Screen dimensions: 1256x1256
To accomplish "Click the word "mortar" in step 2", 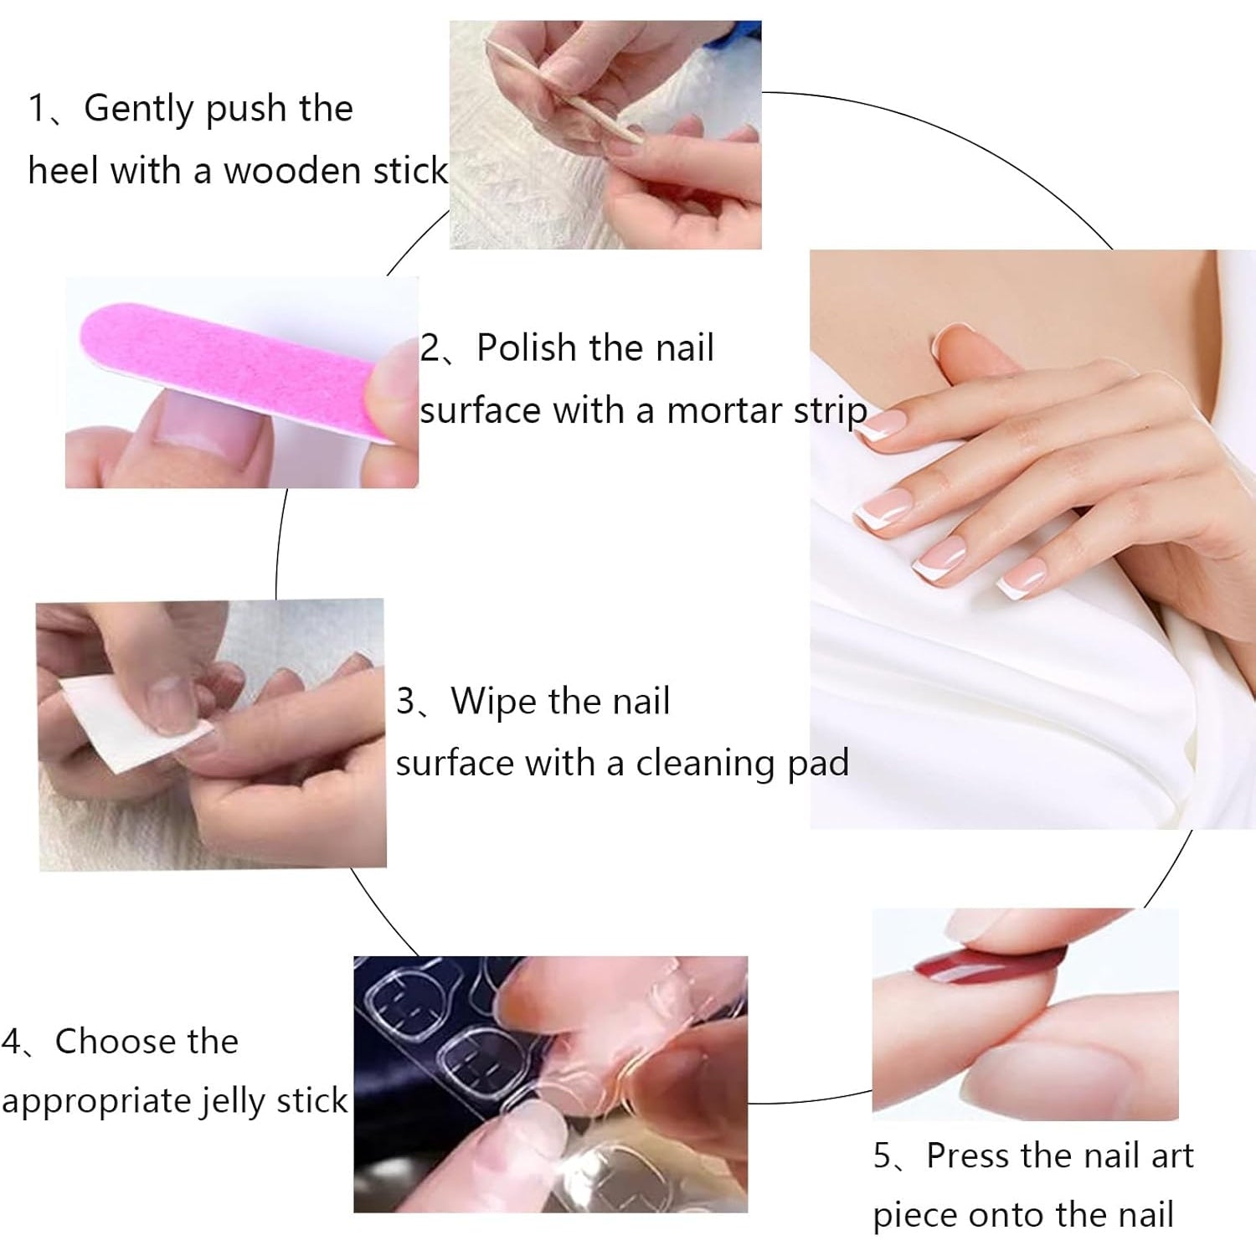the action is (x=721, y=411).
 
